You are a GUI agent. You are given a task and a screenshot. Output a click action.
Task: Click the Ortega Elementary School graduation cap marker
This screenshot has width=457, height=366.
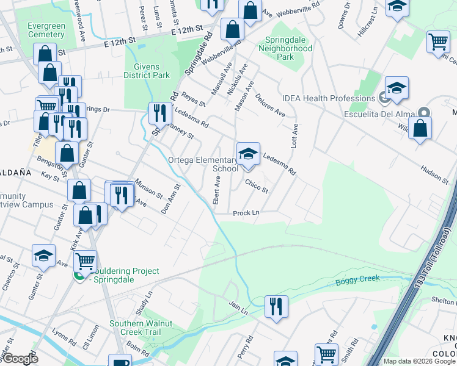pyautogui.click(x=248, y=154)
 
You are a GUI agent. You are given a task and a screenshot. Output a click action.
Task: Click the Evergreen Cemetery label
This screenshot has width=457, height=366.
pyautogui.click(x=46, y=30)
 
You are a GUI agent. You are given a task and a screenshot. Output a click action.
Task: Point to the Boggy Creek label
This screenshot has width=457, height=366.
pyautogui.click(x=357, y=280)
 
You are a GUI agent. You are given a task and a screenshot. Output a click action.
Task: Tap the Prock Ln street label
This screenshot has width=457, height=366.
pyautogui.click(x=246, y=213)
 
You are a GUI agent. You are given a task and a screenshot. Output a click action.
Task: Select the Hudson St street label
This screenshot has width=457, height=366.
pyautogui.click(x=436, y=175)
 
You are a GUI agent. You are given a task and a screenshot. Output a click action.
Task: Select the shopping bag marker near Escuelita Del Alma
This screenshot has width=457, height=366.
pyautogui.click(x=420, y=129)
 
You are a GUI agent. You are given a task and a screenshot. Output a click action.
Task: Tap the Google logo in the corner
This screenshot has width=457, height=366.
pyautogui.click(x=20, y=359)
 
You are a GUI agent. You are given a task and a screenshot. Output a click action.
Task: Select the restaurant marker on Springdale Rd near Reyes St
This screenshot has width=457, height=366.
pyautogui.click(x=158, y=112)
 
